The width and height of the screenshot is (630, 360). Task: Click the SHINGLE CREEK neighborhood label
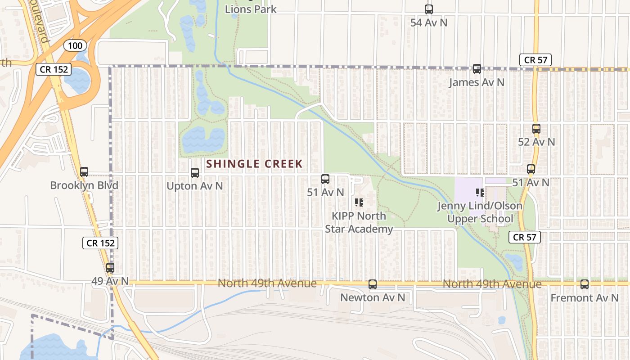tap(255, 164)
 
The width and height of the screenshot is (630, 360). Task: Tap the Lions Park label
tap(251, 9)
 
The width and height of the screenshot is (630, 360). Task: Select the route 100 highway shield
tap(75, 45)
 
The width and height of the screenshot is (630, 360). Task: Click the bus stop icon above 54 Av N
tap(429, 9)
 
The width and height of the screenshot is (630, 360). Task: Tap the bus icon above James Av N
tap(477, 69)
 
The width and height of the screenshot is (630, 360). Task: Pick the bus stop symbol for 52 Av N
tap(536, 129)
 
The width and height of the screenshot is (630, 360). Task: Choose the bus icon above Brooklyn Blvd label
tap(84, 171)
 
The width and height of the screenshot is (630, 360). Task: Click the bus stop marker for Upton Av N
tap(195, 172)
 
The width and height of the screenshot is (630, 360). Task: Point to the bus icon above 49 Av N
tap(110, 268)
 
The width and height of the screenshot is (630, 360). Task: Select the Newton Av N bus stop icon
tap(373, 284)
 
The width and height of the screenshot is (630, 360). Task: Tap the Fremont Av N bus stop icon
tap(585, 284)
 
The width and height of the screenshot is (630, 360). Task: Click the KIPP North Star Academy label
tap(359, 222)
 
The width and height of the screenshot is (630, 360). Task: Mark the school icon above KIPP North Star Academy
tap(359, 202)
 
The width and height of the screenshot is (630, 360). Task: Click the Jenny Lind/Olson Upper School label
tap(480, 212)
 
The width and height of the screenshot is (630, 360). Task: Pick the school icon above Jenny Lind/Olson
tap(480, 193)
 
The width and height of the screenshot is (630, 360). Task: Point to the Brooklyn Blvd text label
tap(84, 185)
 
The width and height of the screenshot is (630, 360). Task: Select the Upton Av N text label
tap(195, 186)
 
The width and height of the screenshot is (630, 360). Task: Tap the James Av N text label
tap(477, 82)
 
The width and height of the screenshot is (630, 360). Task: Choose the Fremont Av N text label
tap(585, 298)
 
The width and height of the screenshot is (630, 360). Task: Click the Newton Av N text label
tap(373, 297)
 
